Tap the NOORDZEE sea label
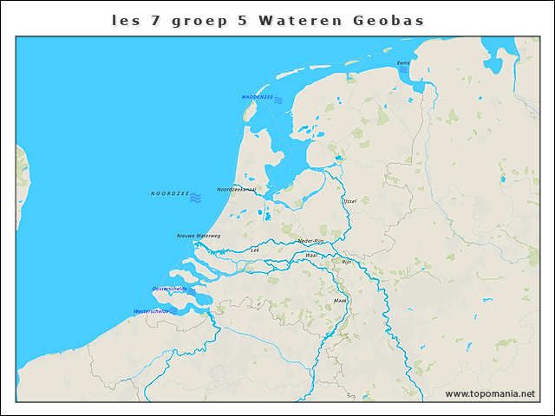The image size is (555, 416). [x=170, y=193]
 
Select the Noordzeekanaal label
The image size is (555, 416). [x=237, y=189]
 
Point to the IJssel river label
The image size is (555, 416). [x=349, y=200]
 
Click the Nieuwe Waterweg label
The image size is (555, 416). [x=199, y=236]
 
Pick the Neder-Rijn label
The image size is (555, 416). [x=310, y=241]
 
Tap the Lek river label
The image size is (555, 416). [x=255, y=250]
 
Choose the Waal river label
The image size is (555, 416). [x=310, y=256]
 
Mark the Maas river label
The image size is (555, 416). [x=340, y=301]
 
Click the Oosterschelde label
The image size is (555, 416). [x=169, y=289]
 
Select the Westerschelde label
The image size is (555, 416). [x=151, y=311]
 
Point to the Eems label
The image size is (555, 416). [x=403, y=63]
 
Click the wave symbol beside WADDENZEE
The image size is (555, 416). [x=278, y=101]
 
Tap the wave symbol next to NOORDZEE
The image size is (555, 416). [x=196, y=198]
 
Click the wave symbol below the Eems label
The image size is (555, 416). [x=404, y=70]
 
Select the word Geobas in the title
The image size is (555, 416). [x=388, y=19]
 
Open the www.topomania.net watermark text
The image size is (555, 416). [x=490, y=393]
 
